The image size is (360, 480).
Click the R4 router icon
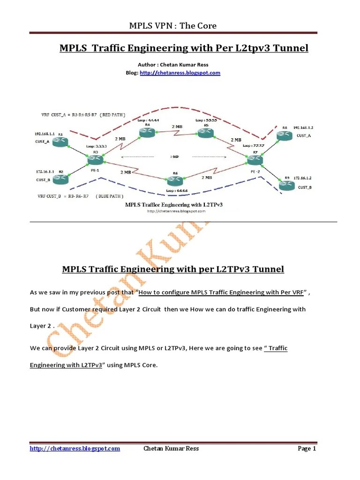pos(148,134)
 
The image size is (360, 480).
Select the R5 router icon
pos(205,133)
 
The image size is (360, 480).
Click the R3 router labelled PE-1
pos(95,160)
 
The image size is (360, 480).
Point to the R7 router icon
pos(255,159)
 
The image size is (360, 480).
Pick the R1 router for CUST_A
pos(60,142)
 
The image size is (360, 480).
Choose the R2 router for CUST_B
pos(60,179)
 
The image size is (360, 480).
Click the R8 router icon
pos(285,135)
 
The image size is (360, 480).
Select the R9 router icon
pos(286,186)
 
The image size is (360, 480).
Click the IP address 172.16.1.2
pos(302,178)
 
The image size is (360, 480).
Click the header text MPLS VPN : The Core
pos(172,25)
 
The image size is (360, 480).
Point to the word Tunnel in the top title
pos(292,48)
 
